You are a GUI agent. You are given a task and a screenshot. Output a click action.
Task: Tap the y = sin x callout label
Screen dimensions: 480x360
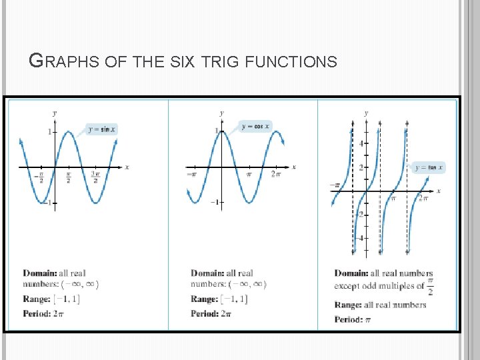click(101, 129)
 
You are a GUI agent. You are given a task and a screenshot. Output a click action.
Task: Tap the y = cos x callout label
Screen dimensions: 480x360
click(255, 126)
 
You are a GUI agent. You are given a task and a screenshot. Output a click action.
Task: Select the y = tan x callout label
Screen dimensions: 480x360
click(429, 167)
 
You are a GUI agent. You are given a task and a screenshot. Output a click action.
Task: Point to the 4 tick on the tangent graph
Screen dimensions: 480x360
click(361, 143)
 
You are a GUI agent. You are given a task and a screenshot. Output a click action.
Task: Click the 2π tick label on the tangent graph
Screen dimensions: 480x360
click(423, 198)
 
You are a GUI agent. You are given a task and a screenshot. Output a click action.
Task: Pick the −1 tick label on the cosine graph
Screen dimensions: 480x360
click(215, 202)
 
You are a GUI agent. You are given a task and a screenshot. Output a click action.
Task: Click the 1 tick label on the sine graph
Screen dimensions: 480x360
click(49, 132)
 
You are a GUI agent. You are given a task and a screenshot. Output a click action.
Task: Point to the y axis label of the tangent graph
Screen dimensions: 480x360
click(366, 113)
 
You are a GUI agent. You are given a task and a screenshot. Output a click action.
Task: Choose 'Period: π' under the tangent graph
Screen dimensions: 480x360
click(353, 319)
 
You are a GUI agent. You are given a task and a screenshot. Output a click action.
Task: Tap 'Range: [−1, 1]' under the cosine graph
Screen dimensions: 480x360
click(219, 299)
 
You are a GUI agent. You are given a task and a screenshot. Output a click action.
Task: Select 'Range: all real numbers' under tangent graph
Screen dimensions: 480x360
click(380, 305)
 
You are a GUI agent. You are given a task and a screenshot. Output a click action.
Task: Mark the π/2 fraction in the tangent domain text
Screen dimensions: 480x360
click(431, 286)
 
